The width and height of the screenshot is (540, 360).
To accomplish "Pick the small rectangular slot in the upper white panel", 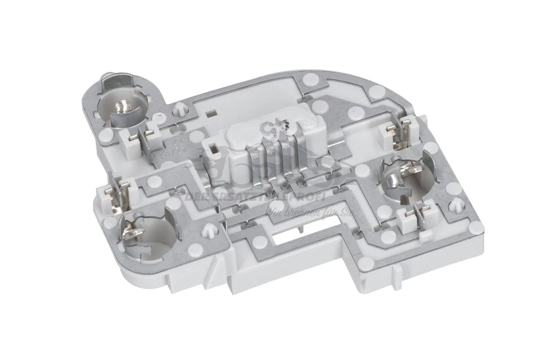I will (x=211, y=112).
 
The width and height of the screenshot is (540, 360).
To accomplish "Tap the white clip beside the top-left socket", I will (x=148, y=137).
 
